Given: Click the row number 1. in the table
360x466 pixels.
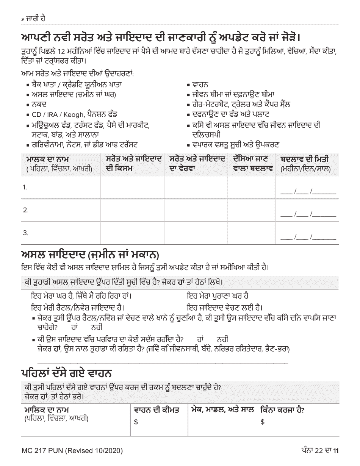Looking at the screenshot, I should pyautogui.click(x=25, y=187).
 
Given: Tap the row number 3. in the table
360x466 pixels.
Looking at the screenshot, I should pyautogui.click(x=25, y=233).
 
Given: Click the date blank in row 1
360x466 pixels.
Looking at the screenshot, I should pyautogui.click(x=308, y=191).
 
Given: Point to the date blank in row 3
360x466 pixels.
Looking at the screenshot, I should pyautogui.click(x=308, y=238).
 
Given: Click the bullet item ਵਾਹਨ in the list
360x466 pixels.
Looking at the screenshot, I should pyautogui.click(x=200, y=85).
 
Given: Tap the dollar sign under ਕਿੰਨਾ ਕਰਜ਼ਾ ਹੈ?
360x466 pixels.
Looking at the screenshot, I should pyautogui.click(x=262, y=422).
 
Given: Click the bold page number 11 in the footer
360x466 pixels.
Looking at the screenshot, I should pyautogui.click(x=335, y=450).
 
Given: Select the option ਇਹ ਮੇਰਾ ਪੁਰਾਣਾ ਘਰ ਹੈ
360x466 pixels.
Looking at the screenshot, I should pyautogui.click(x=218, y=295).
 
